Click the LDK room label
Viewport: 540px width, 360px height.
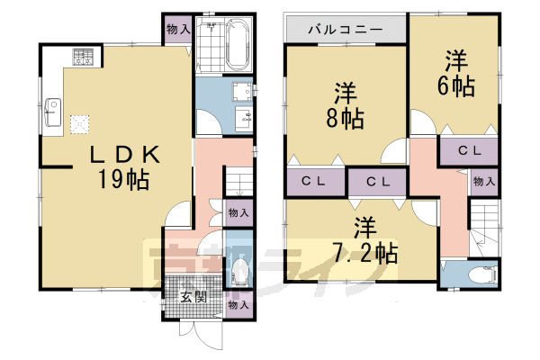coord(123,155)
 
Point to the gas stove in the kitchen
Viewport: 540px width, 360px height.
coord(84,57)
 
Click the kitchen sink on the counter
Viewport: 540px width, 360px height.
coord(49,115)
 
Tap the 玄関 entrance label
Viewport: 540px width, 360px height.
coord(191,296)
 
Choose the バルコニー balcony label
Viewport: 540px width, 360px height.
coord(345,29)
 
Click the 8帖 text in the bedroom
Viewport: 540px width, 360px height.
coord(345,117)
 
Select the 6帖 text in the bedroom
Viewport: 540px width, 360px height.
coord(457,85)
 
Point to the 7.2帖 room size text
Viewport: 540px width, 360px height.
coord(364,251)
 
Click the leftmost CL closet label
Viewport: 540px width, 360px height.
coord(312,182)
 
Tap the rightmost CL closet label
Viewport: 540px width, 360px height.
coord(467,150)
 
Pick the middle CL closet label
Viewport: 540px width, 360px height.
coord(376,182)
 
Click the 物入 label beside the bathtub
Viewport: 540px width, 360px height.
coord(177,29)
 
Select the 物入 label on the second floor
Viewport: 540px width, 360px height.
coord(483,182)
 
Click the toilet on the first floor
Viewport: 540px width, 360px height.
coord(239,268)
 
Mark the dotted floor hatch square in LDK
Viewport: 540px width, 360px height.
coord(80,121)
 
